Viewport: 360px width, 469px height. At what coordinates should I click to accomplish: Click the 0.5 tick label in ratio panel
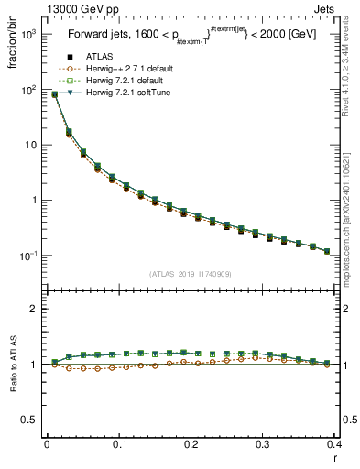pyautogui.click(x=29, y=420)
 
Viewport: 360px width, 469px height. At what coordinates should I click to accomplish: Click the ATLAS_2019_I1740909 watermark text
pyautogui.click(x=191, y=274)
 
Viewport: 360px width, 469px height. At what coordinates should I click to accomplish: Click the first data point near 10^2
pyautogui.click(x=54, y=93)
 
